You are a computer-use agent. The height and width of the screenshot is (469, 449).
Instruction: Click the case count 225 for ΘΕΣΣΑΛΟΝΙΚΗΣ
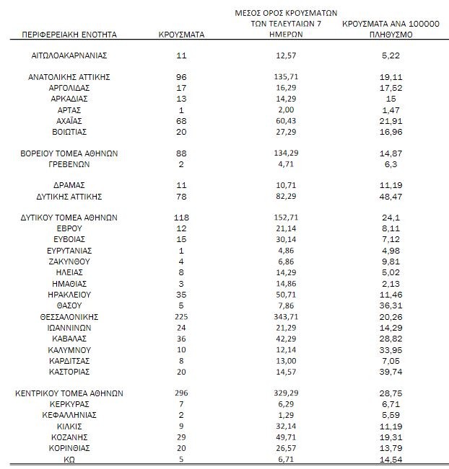[x=181, y=317]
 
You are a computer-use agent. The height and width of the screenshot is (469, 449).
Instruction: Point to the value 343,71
[x=287, y=317]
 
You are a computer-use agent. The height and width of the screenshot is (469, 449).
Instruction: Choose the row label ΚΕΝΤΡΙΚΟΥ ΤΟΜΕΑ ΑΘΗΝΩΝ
[x=69, y=393]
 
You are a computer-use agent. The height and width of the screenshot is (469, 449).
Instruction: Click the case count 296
[x=181, y=393]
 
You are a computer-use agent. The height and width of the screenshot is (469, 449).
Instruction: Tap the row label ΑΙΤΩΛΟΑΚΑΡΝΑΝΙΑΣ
[x=69, y=55]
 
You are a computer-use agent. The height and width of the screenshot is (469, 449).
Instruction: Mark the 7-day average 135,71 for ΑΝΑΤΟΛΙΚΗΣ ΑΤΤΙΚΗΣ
[x=287, y=76]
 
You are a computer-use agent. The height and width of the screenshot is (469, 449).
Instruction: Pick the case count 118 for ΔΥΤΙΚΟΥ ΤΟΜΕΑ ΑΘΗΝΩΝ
[x=181, y=218]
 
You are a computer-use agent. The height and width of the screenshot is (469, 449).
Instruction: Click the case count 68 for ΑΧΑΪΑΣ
[x=181, y=120]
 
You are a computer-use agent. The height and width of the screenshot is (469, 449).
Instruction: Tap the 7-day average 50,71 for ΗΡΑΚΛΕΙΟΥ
[x=287, y=295]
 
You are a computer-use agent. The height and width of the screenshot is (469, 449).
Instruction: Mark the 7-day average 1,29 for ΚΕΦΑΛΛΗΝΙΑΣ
[x=287, y=415]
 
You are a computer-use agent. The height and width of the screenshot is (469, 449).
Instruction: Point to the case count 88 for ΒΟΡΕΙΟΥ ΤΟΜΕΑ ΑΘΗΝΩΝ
[x=181, y=153]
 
